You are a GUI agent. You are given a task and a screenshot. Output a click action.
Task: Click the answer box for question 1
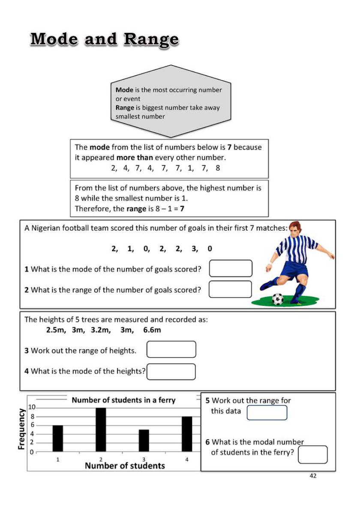[x=231, y=268]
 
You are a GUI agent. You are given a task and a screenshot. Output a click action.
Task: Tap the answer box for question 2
[x=230, y=289]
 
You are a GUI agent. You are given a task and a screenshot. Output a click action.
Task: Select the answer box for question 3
[x=171, y=349]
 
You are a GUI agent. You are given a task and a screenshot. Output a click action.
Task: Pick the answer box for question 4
[x=171, y=371]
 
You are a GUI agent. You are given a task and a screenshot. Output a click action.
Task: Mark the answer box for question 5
[x=267, y=413]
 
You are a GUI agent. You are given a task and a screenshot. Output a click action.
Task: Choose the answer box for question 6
[x=312, y=455]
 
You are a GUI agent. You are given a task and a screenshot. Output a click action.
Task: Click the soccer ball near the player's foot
[x=278, y=299]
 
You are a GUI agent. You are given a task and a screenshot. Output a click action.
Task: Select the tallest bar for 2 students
[x=101, y=429]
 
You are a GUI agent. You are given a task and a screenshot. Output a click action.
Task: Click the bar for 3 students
[x=144, y=440]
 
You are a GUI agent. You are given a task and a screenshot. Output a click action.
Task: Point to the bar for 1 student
[x=58, y=438]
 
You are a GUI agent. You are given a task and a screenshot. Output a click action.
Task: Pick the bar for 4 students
[x=187, y=434]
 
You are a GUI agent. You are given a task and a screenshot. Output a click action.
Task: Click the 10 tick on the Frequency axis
[x=31, y=407]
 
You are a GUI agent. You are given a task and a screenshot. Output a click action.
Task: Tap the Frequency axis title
[x=21, y=429]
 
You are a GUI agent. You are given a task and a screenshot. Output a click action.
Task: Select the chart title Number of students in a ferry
[x=123, y=400]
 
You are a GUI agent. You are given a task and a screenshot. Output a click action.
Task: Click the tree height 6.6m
[x=152, y=330]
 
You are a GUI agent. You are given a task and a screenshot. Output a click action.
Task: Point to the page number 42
[x=313, y=476]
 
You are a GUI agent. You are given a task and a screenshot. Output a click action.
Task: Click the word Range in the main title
[x=151, y=39]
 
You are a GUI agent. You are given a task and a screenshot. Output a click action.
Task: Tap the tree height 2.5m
[x=55, y=330]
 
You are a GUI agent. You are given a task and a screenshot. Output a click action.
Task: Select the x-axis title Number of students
[x=125, y=466]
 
